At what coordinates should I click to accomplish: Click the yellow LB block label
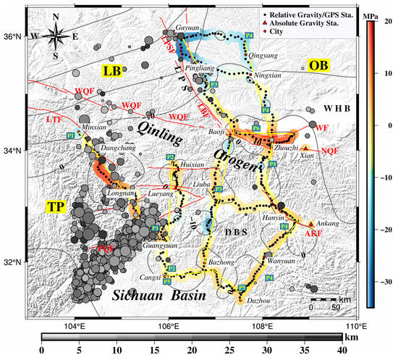point(112,71)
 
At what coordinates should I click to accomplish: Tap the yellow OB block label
point(318,66)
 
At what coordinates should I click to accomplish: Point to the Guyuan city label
point(187,28)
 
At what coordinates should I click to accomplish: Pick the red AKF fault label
point(313,234)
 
